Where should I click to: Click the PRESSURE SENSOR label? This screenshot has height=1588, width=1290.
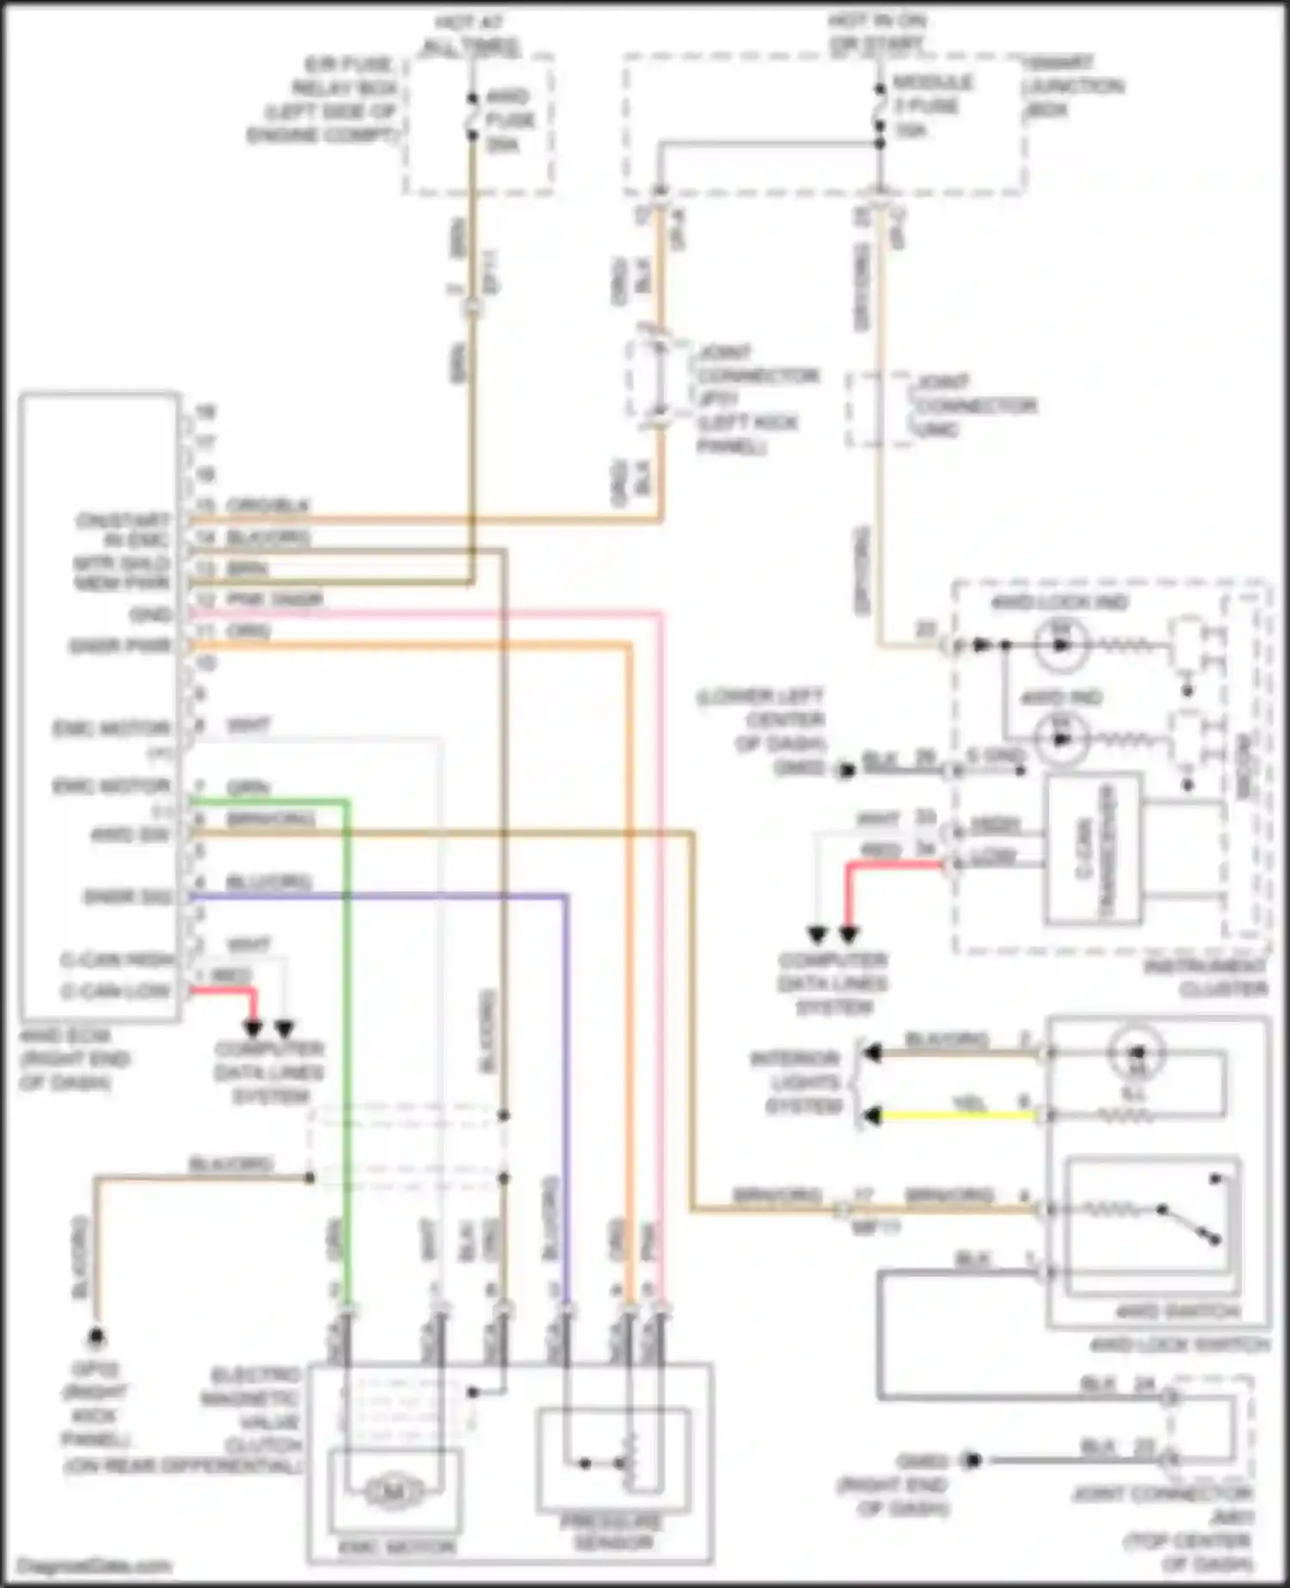click(x=611, y=1532)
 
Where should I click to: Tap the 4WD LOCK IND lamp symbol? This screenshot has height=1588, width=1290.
click(x=1061, y=644)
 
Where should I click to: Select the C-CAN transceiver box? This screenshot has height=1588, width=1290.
click(x=1092, y=848)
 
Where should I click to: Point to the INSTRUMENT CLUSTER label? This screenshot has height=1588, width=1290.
click(x=1207, y=979)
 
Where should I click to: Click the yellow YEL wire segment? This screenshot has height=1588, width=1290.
click(x=955, y=1116)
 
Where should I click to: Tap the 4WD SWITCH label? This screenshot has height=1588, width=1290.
click(x=1177, y=1313)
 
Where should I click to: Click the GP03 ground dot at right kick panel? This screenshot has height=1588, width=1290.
click(x=96, y=1338)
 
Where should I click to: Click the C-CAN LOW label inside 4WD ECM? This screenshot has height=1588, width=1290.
click(x=115, y=991)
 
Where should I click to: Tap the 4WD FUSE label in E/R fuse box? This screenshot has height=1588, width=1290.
click(x=509, y=120)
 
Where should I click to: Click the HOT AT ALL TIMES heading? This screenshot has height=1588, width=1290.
click(x=470, y=34)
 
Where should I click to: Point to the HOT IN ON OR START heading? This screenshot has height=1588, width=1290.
click(x=877, y=31)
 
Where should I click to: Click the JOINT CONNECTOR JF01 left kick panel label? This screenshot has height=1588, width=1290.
click(x=757, y=398)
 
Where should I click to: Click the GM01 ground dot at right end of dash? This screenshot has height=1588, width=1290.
click(x=972, y=1460)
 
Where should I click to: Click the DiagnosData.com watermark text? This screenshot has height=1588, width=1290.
click(x=94, y=1566)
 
